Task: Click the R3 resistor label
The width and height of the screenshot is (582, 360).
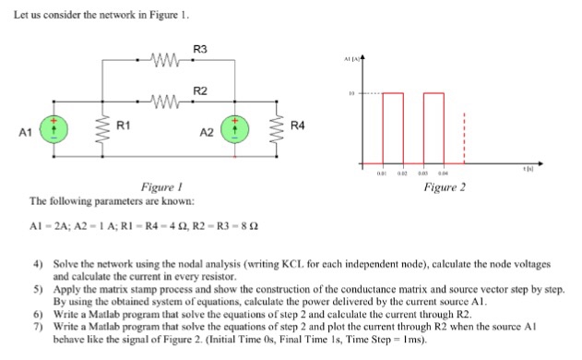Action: click(x=200, y=48)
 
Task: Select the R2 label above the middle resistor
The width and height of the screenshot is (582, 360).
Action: click(x=200, y=90)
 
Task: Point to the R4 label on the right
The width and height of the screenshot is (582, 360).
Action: click(x=297, y=124)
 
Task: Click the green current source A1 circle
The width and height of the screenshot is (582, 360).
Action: click(x=53, y=131)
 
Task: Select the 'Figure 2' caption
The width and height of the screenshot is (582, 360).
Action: click(x=445, y=187)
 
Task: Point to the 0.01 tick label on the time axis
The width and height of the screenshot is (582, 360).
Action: click(x=382, y=172)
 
